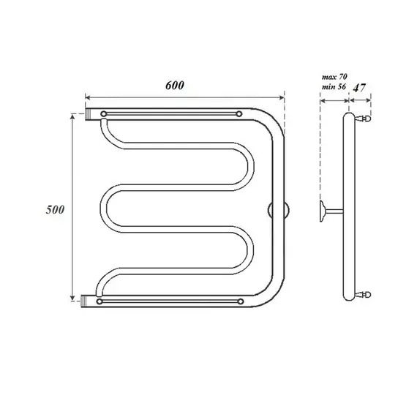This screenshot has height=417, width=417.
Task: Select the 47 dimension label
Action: [x=359, y=89]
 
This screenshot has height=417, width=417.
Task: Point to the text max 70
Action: [x=333, y=76]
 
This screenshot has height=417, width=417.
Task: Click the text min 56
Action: [x=333, y=88]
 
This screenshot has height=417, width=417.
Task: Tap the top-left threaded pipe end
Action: [x=91, y=115]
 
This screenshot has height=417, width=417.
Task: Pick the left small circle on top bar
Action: [x=104, y=114]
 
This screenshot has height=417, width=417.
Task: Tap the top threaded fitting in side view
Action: [x=367, y=116]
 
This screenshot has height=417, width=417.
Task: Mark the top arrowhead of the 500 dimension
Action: [x=72, y=116]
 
